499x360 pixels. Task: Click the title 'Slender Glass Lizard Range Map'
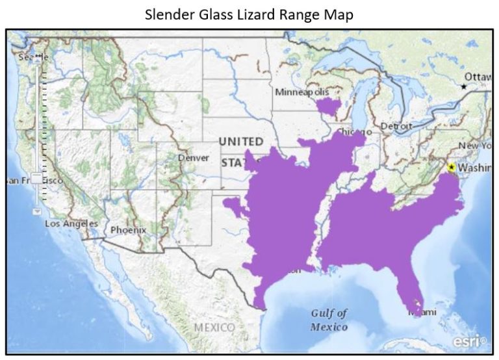(249, 15)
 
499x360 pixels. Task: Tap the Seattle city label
(33, 57)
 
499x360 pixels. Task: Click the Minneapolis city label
(302, 92)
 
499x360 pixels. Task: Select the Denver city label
(194, 158)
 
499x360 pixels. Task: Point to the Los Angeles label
(71, 224)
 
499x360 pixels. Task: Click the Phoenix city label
(128, 230)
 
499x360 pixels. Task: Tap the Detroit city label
(396, 126)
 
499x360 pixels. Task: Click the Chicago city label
(354, 133)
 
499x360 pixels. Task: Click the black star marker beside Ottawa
(463, 86)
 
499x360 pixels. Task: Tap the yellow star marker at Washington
(451, 167)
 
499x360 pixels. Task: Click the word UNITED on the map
(241, 142)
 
